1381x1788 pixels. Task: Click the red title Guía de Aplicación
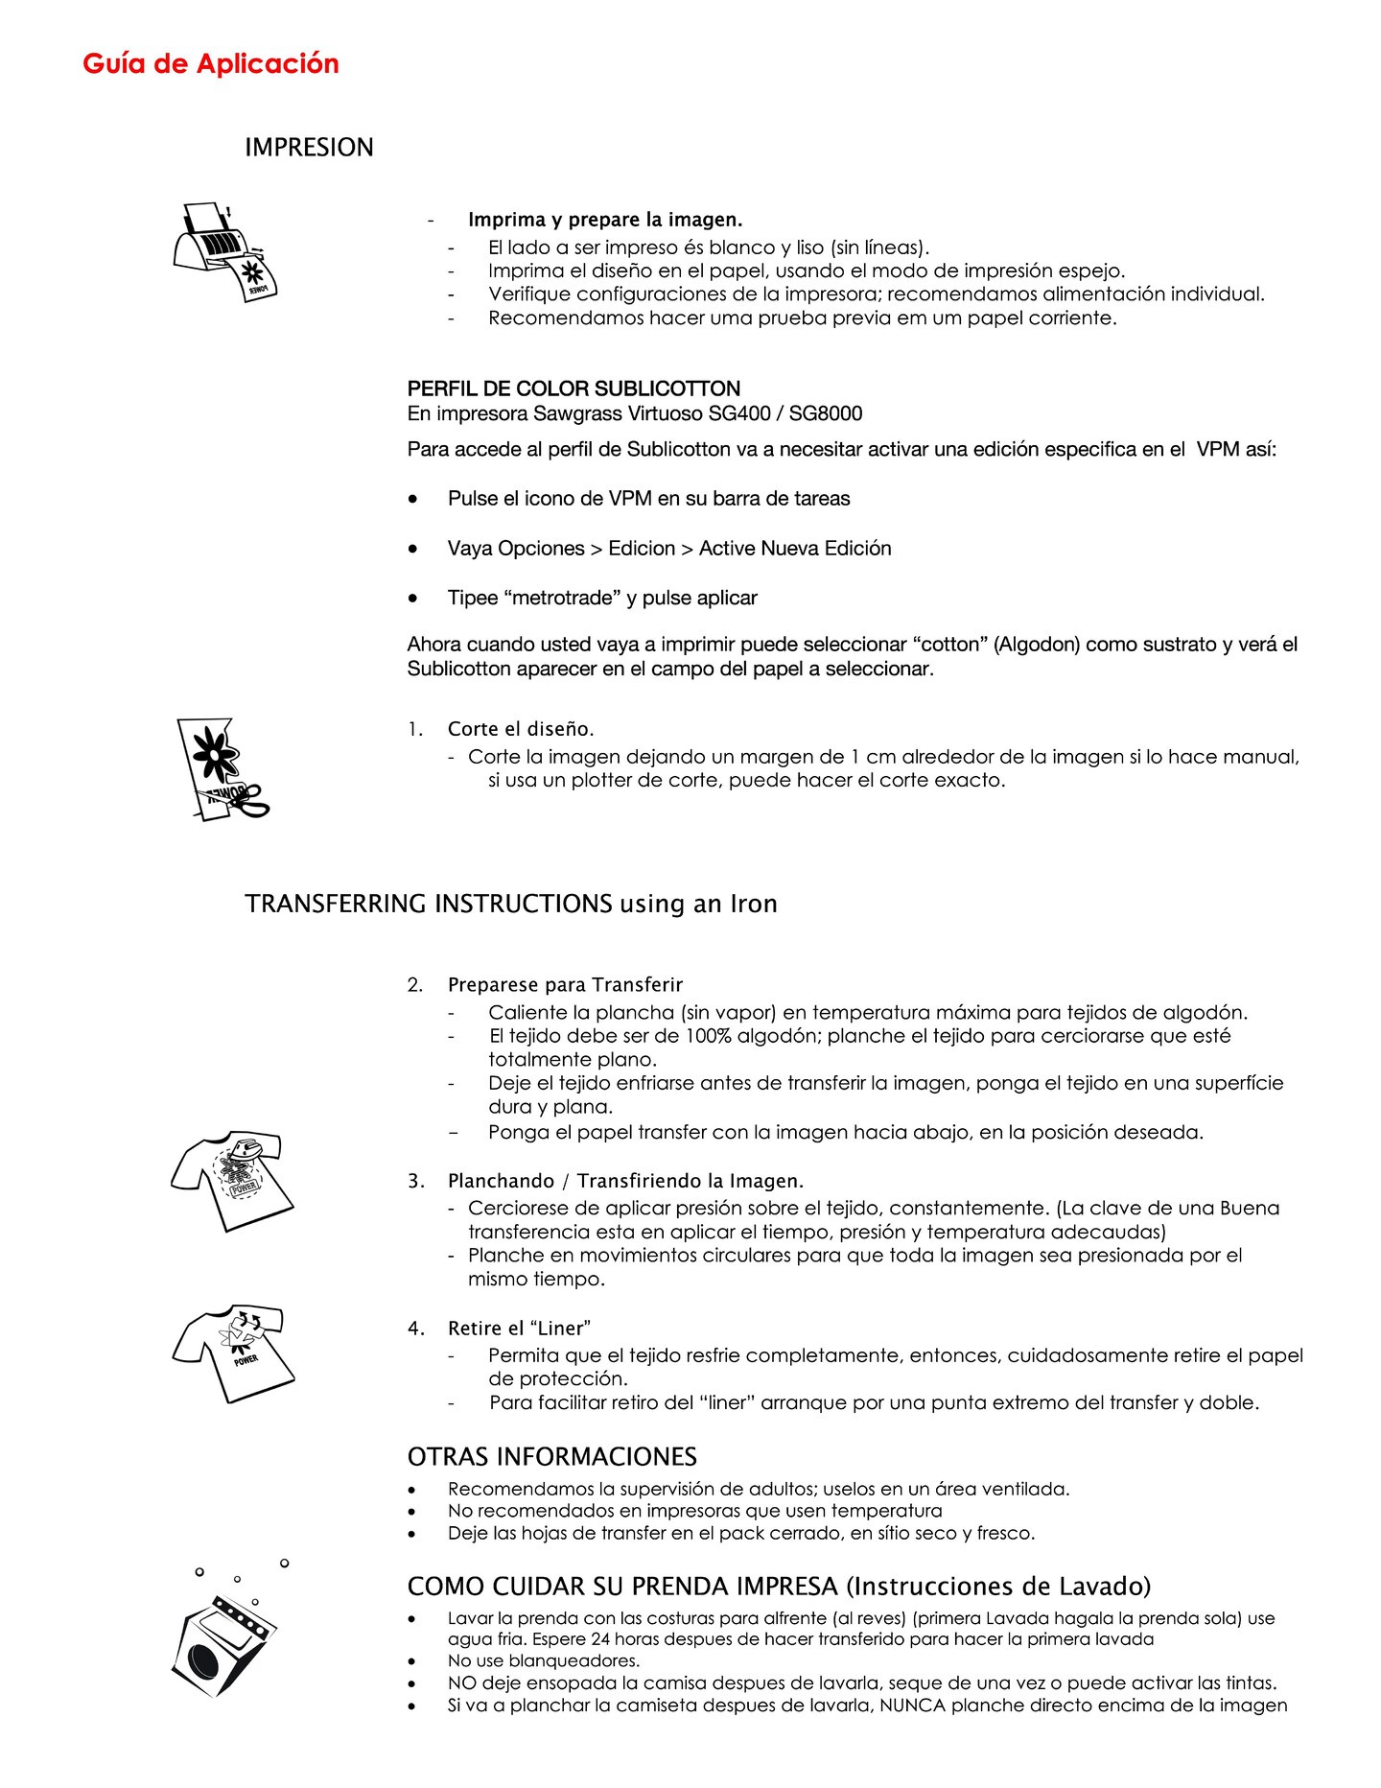pos(211,63)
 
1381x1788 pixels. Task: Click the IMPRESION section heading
pos(309,147)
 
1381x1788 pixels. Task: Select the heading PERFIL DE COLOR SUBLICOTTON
pos(573,388)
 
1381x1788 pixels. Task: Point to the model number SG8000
pos(826,413)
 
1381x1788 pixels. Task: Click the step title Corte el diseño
pos(521,729)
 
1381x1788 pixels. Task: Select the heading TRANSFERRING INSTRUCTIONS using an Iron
pos(510,904)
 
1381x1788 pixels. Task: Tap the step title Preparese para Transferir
pos(565,984)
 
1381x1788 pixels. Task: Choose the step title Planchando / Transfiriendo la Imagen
pos(625,1181)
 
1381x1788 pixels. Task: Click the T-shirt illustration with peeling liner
pos(233,1353)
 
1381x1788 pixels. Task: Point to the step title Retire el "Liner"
pos(519,1329)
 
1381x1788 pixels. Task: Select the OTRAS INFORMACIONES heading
pos(551,1457)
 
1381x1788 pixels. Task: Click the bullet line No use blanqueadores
pos(543,1660)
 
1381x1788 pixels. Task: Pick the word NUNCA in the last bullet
pos(913,1706)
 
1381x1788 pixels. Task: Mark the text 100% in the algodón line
pos(709,1036)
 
